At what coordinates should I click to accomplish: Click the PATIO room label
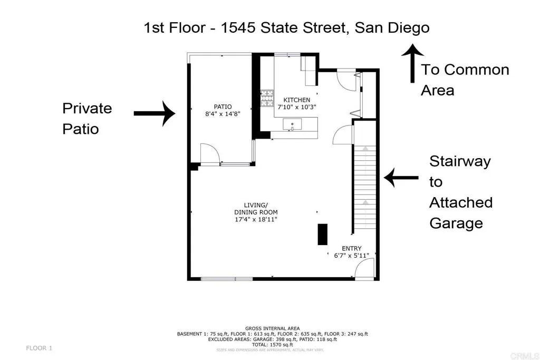pos(223,106)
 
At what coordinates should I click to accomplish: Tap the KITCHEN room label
pos(297,100)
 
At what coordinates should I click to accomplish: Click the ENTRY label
pos(351,249)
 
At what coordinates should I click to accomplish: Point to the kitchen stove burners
pos(267,98)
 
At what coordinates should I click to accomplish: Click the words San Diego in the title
pos(391,27)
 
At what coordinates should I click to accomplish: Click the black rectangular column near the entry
pos(322,234)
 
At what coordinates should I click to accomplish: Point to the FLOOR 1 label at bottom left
pos(39,348)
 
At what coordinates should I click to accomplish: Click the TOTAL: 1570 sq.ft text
pos(272,345)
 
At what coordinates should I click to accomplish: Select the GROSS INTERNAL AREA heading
pos(272,328)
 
